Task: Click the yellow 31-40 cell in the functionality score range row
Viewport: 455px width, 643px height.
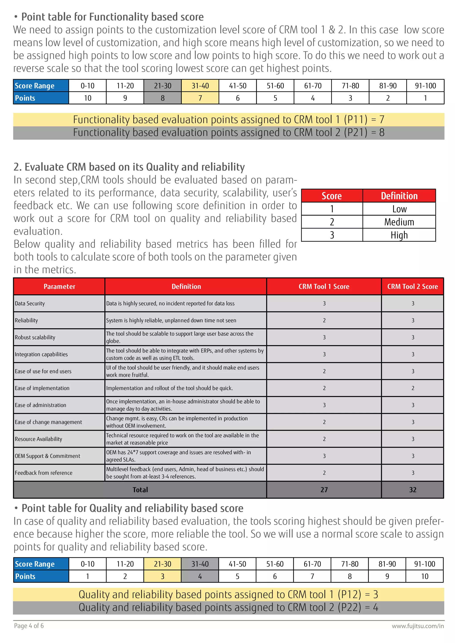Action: point(200,86)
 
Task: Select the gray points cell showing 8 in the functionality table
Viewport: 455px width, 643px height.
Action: point(162,98)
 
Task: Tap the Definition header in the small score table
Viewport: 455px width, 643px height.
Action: point(399,196)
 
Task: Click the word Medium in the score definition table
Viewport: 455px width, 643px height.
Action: point(399,222)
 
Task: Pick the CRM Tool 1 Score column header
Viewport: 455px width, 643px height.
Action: point(324,286)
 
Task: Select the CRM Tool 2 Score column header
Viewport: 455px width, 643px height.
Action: point(412,286)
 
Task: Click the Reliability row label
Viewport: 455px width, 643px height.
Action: point(26,320)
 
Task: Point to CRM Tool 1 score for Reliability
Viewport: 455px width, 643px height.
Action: point(324,320)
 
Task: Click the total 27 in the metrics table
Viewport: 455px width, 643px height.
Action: point(324,490)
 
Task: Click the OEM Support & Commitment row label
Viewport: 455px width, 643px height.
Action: point(47,456)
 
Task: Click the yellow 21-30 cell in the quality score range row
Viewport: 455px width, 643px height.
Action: point(162,564)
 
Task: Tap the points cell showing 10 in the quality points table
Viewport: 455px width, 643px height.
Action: point(425,576)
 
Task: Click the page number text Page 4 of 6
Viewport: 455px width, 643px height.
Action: point(29,626)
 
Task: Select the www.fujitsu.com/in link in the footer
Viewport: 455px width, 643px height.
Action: point(418,626)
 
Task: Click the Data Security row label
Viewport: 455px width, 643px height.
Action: point(30,303)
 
